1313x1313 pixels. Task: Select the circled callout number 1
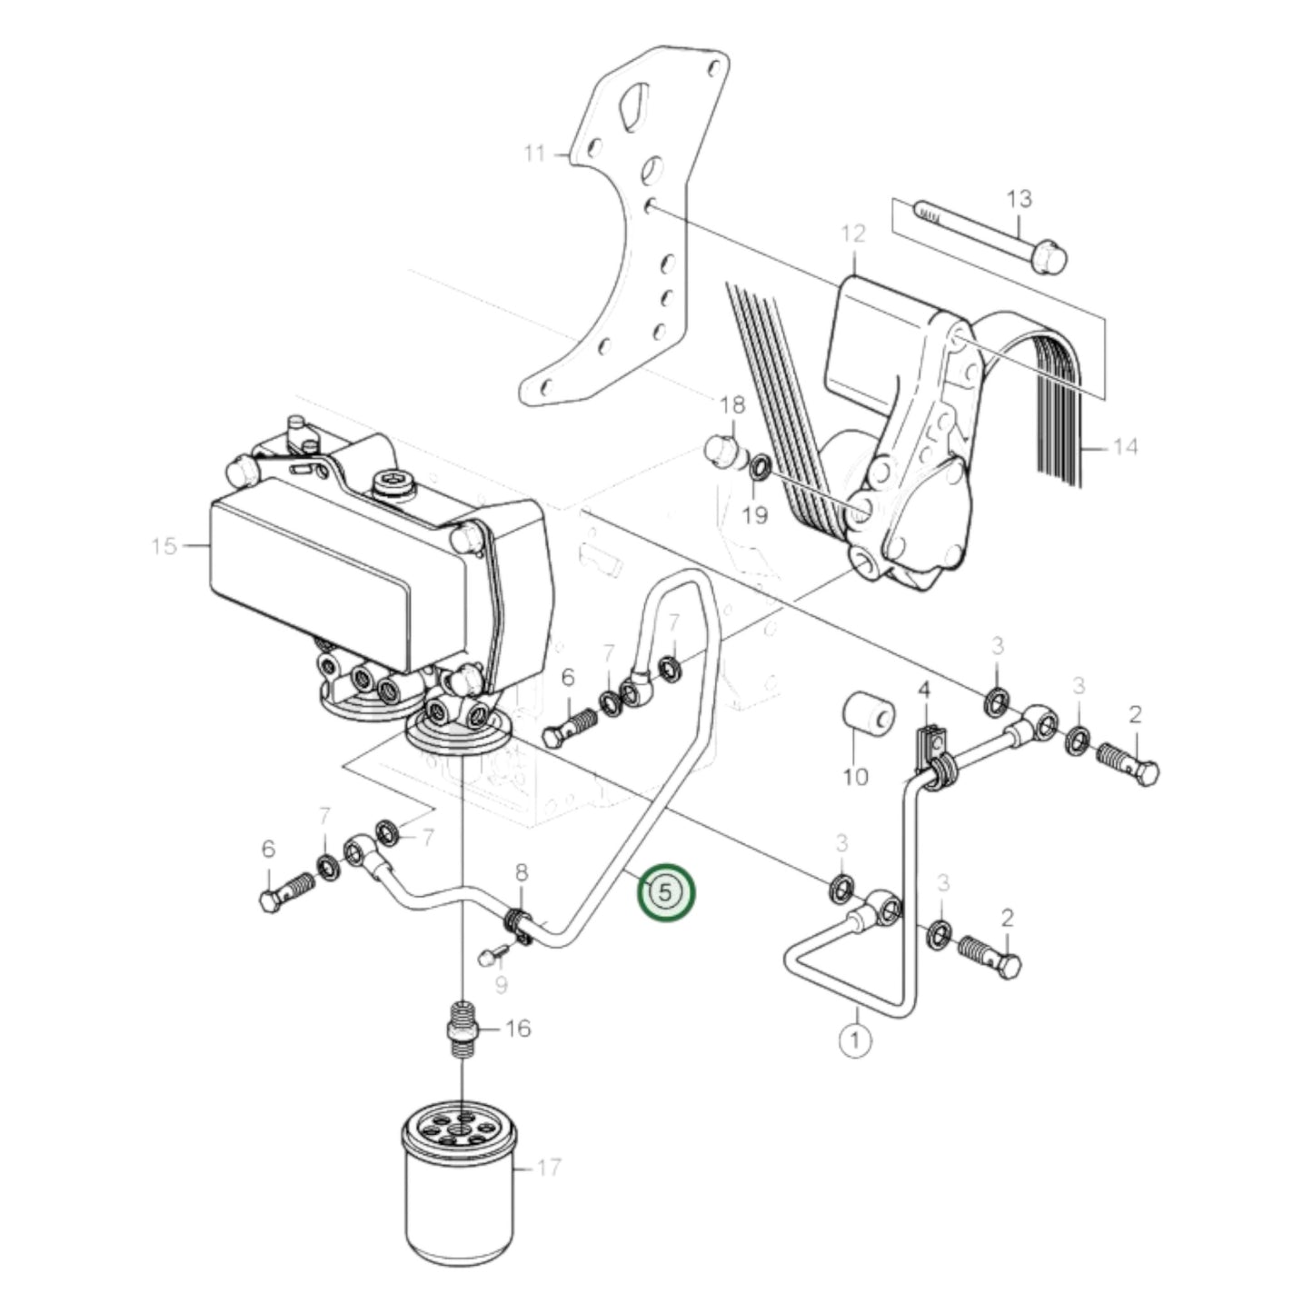pyautogui.click(x=854, y=1040)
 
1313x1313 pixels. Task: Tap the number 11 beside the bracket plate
pyautogui.click(x=535, y=154)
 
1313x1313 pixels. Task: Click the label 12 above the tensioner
pyautogui.click(x=853, y=234)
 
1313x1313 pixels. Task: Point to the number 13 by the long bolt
pyautogui.click(x=1020, y=198)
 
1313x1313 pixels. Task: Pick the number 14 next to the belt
pyautogui.click(x=1124, y=447)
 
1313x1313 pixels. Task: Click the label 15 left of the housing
pyautogui.click(x=164, y=546)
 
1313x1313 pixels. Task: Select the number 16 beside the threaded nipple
pyautogui.click(x=517, y=1029)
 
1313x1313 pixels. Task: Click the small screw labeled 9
pyautogui.click(x=489, y=954)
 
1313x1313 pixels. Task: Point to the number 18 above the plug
pyautogui.click(x=731, y=404)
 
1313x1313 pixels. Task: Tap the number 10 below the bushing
pyautogui.click(x=855, y=776)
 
